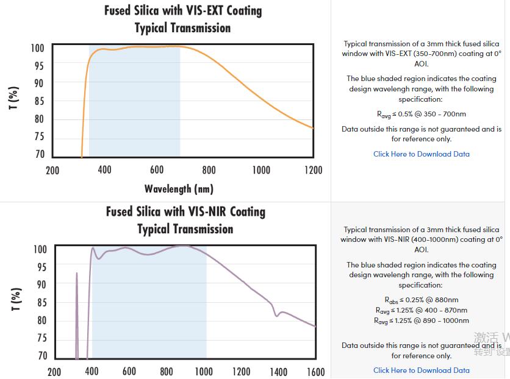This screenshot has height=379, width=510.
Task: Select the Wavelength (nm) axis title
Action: point(179,188)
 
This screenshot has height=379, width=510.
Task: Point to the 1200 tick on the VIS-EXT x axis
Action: point(313,170)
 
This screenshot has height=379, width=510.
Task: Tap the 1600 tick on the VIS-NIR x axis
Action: point(315,372)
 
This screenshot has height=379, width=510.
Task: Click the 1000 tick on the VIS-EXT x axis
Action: point(261,170)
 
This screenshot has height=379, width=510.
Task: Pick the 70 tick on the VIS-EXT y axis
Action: point(40,155)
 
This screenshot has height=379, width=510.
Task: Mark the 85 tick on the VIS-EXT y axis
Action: point(40,101)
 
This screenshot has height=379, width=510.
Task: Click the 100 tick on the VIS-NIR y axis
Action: point(40,249)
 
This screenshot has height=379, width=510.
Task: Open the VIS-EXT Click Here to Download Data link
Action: point(422,154)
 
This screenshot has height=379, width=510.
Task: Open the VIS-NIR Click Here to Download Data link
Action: point(422,370)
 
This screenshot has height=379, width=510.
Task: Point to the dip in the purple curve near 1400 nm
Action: point(276,314)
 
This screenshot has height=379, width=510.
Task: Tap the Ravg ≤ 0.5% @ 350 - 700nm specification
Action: point(422,114)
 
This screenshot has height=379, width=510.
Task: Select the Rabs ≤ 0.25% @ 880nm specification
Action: point(422,300)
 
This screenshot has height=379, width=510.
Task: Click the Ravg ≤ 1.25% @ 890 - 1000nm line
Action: point(422,321)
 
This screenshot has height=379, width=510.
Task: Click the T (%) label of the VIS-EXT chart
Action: point(14,98)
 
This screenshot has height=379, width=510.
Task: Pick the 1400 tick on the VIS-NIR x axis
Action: point(278,372)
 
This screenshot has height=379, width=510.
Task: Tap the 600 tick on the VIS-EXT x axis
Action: point(157,170)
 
